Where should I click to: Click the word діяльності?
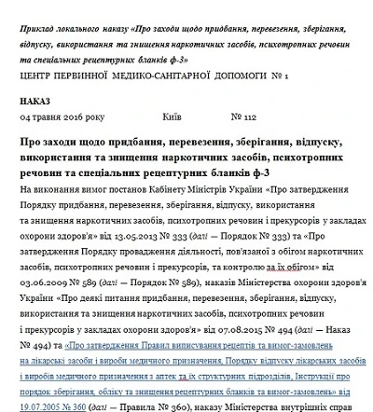click(x=175, y=250)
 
